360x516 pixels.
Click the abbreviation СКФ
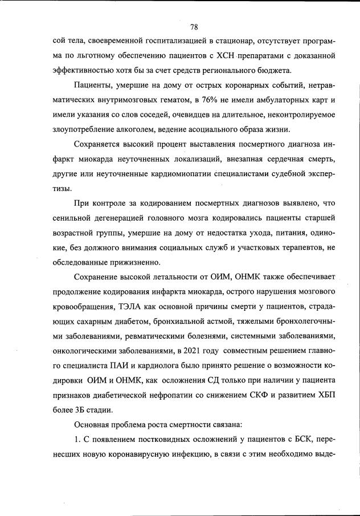240,395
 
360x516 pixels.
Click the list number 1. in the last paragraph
79,439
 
